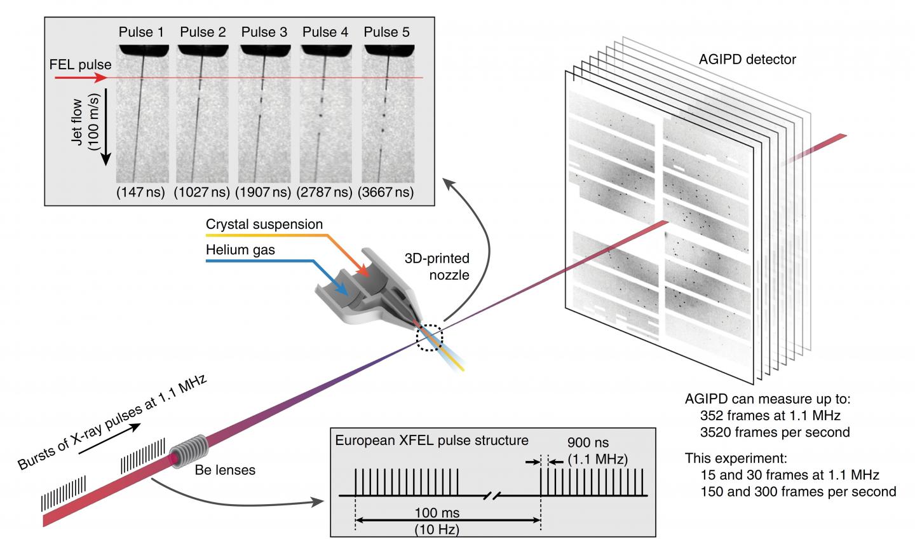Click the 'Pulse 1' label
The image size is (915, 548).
pyautogui.click(x=141, y=32)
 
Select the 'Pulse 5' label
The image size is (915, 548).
pyautogui.click(x=386, y=32)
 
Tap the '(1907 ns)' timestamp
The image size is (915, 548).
pyautogui.click(x=263, y=192)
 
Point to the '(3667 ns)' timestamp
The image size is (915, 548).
pyautogui.click(x=386, y=192)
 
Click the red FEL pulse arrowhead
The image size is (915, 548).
pyautogui.click(x=99, y=78)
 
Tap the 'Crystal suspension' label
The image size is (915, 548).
pyautogui.click(x=264, y=225)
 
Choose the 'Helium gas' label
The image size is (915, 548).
pyautogui.click(x=240, y=250)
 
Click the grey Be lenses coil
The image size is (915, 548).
pyautogui.click(x=191, y=453)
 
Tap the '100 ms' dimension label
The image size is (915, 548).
pyautogui.click(x=446, y=512)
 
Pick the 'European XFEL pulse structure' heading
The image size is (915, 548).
pyautogui.click(x=431, y=440)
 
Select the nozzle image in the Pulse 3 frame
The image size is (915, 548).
pyautogui.click(x=263, y=49)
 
